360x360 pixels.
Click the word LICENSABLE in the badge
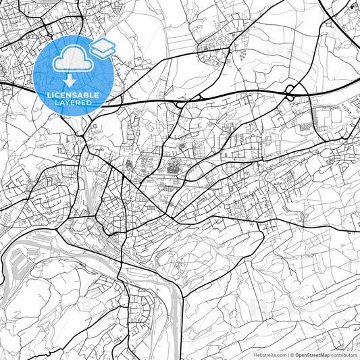[73, 95]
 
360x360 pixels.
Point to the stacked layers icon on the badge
[102, 47]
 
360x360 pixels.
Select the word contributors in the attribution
[343, 354]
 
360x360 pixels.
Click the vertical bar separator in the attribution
[286, 354]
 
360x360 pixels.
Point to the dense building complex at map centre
[169, 165]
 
